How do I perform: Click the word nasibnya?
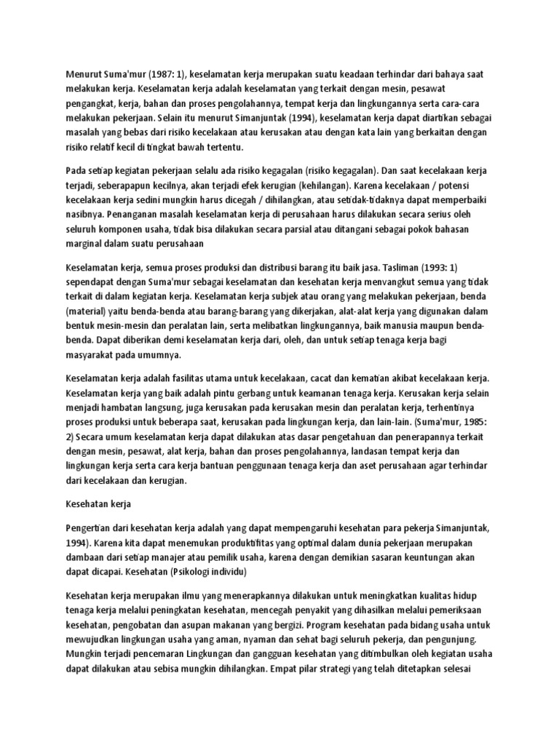point(85,215)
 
